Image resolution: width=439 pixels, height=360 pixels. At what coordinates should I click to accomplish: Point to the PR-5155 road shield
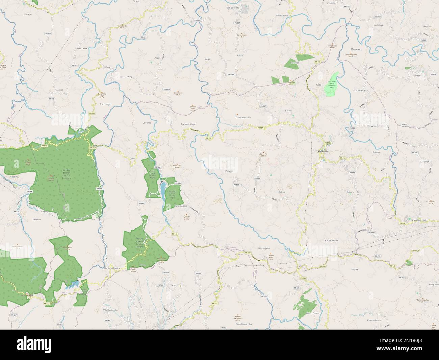[x=328, y=143]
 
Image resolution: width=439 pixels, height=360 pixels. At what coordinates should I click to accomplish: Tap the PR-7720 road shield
[x=371, y=233]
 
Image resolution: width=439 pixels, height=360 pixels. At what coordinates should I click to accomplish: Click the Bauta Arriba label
[x=331, y=240]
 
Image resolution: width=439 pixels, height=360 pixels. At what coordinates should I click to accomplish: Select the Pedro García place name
[x=313, y=313]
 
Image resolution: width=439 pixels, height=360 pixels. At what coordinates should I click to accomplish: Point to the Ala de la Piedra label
[x=112, y=268]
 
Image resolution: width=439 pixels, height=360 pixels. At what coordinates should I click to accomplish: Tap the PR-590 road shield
[x=178, y=183]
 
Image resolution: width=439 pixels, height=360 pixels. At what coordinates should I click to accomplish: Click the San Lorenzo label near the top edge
[x=233, y=7]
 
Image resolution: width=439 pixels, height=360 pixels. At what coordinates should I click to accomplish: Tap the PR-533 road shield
[x=44, y=146]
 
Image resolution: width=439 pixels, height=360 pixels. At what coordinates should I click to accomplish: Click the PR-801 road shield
[x=433, y=74]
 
